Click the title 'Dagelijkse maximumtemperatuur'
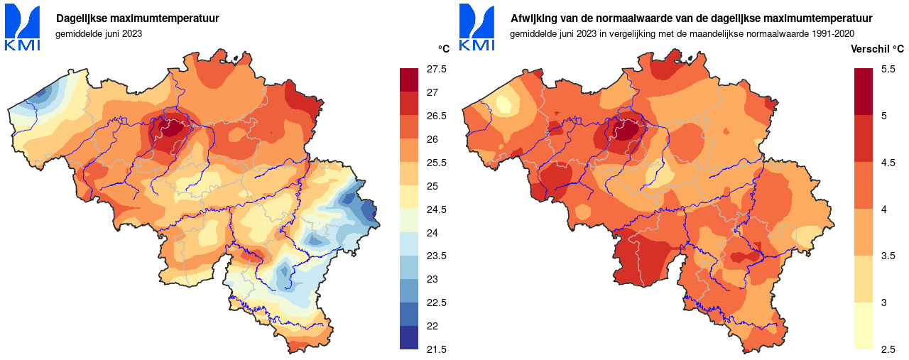tap(137, 18)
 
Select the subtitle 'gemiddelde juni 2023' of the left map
tap(99, 33)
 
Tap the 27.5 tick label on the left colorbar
tap(436, 69)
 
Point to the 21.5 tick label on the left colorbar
tap(436, 349)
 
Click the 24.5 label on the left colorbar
tap(436, 209)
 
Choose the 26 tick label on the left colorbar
tap(432, 139)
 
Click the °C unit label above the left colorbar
tap(444, 48)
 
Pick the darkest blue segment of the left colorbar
tap(409, 337)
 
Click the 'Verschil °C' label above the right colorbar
tap(878, 48)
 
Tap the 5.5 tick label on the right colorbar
tap(888, 69)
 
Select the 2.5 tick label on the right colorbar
tap(888, 349)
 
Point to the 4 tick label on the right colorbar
tap(884, 209)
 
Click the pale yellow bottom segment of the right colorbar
tap(863, 326)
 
